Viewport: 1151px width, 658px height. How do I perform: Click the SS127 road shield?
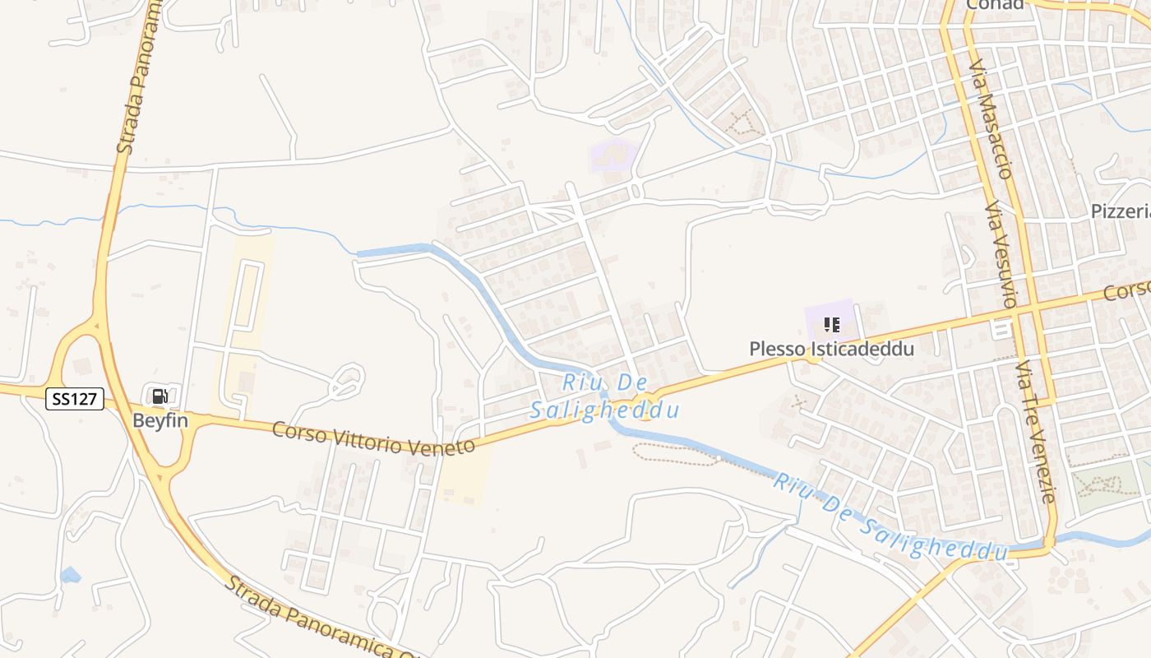click(74, 400)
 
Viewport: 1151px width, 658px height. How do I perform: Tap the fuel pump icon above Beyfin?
click(160, 396)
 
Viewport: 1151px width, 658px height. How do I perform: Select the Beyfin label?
click(160, 420)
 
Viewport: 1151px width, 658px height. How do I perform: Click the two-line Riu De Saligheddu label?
click(605, 396)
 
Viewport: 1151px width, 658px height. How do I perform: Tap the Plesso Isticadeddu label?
click(831, 349)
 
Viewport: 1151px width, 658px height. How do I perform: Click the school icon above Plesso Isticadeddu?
click(831, 325)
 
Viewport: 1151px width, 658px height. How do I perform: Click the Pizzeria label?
click(1121, 211)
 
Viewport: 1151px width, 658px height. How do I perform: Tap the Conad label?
click(995, 5)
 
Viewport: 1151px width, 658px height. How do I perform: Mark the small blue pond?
click(71, 575)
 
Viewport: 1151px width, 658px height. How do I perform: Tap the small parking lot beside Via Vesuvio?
click(1001, 330)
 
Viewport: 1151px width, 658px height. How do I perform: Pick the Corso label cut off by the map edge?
click(1126, 291)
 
